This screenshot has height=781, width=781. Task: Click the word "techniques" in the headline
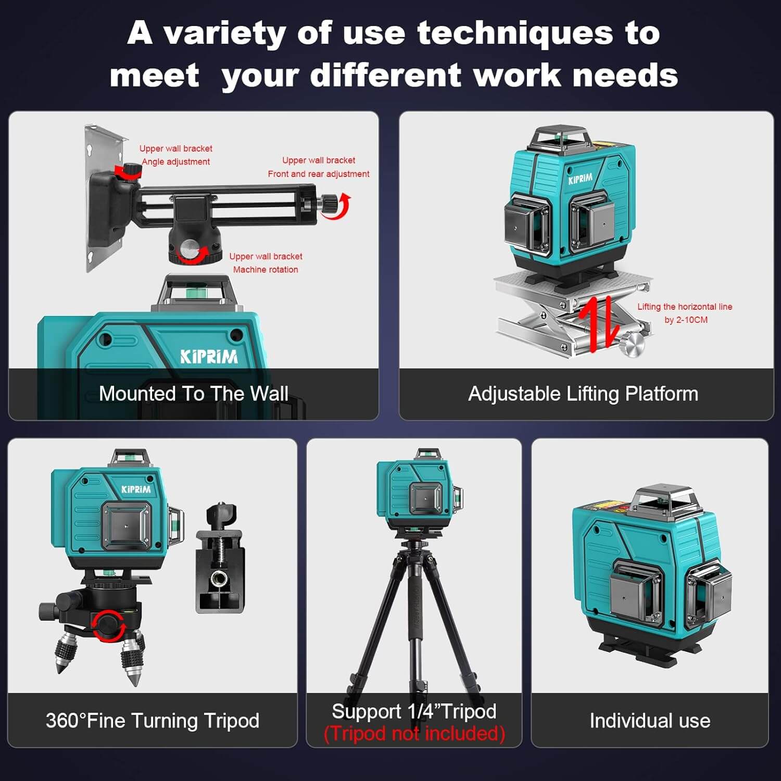pyautogui.click(x=515, y=34)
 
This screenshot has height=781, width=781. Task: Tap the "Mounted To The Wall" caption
pyautogui.click(x=193, y=394)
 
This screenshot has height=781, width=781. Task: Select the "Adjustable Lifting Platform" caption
pyautogui.click(x=583, y=394)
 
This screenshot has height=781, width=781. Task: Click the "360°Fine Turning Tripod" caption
pyautogui.click(x=152, y=721)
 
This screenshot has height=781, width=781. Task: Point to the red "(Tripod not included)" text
pyautogui.click(x=414, y=734)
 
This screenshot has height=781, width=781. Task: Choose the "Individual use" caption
pyautogui.click(x=650, y=721)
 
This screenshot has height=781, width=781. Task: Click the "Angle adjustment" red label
pyautogui.click(x=176, y=162)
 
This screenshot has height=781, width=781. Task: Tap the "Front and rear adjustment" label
pyautogui.click(x=319, y=174)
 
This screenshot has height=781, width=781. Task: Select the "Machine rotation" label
pyautogui.click(x=266, y=270)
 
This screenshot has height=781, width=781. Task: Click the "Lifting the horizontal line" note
pyautogui.click(x=685, y=307)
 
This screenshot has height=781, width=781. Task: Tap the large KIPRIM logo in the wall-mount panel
pyautogui.click(x=209, y=357)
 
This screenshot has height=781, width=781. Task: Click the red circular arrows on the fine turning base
pyautogui.click(x=108, y=625)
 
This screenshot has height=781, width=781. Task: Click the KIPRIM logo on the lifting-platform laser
pyautogui.click(x=580, y=179)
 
